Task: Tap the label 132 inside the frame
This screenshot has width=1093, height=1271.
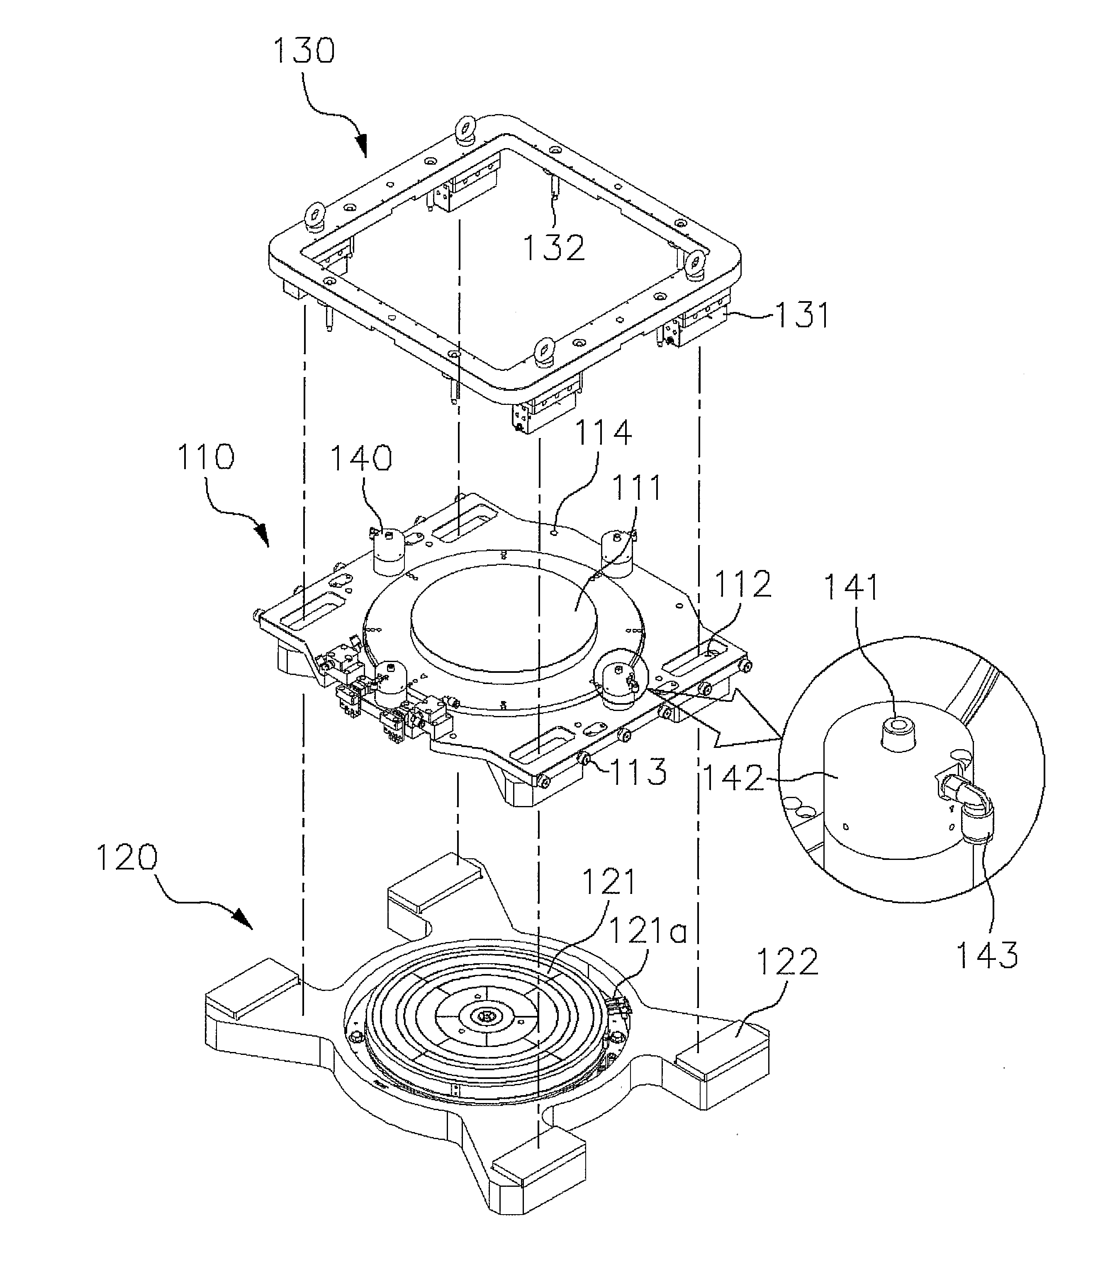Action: pyautogui.click(x=553, y=248)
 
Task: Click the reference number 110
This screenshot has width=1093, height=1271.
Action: pyautogui.click(x=205, y=457)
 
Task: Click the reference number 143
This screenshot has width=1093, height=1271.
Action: pyautogui.click(x=987, y=954)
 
